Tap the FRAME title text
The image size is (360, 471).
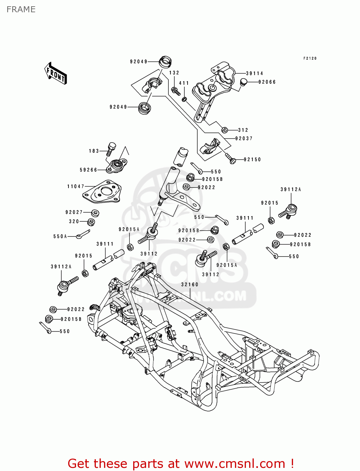(x=21, y=9)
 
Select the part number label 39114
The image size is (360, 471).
(x=254, y=73)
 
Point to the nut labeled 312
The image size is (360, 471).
(x=224, y=130)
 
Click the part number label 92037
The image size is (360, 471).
(x=244, y=138)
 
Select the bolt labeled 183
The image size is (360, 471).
(x=111, y=149)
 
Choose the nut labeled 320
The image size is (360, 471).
(x=91, y=222)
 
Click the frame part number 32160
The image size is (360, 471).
(x=189, y=284)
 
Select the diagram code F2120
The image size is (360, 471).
(x=310, y=58)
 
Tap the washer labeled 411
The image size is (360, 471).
(x=185, y=100)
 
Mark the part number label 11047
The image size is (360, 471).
(x=76, y=187)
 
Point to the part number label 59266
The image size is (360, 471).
(x=89, y=170)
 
